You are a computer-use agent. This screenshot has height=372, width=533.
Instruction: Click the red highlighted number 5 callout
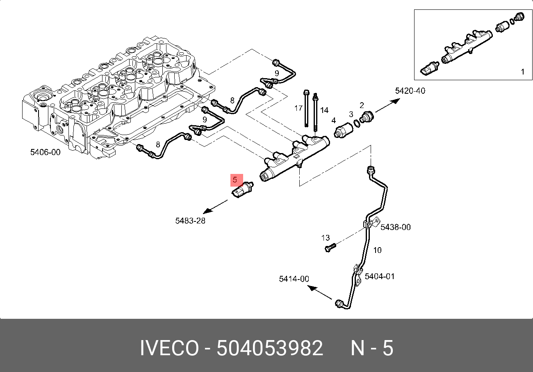click(x=235, y=180)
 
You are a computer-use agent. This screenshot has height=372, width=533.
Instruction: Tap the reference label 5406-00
click(x=45, y=153)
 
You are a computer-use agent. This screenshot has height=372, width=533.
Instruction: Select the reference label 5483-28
click(x=190, y=221)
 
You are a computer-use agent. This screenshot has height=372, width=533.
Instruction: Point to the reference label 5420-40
click(x=410, y=91)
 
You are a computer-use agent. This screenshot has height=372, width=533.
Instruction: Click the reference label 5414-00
click(x=294, y=279)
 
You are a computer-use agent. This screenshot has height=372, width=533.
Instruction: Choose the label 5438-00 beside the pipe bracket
click(x=395, y=227)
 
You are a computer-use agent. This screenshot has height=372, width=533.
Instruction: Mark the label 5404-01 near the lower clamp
click(x=380, y=277)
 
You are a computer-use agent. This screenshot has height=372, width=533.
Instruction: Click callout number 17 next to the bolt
click(x=298, y=108)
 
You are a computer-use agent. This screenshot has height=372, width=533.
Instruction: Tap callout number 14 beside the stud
click(x=324, y=110)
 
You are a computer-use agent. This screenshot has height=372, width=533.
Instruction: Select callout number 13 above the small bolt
click(x=325, y=238)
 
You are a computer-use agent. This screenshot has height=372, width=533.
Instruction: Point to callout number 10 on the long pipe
click(x=377, y=250)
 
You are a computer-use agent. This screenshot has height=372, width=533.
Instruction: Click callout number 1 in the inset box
click(x=522, y=72)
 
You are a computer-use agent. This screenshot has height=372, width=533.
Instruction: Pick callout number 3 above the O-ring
click(x=351, y=114)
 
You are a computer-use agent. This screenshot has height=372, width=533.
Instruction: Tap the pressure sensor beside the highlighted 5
click(x=243, y=189)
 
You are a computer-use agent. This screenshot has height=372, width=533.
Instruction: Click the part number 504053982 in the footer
click(x=270, y=349)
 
